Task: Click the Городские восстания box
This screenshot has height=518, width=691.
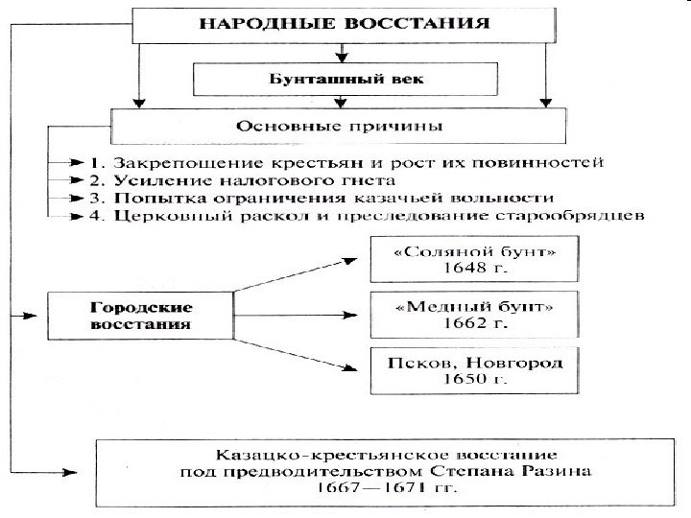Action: pyautogui.click(x=141, y=316)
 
